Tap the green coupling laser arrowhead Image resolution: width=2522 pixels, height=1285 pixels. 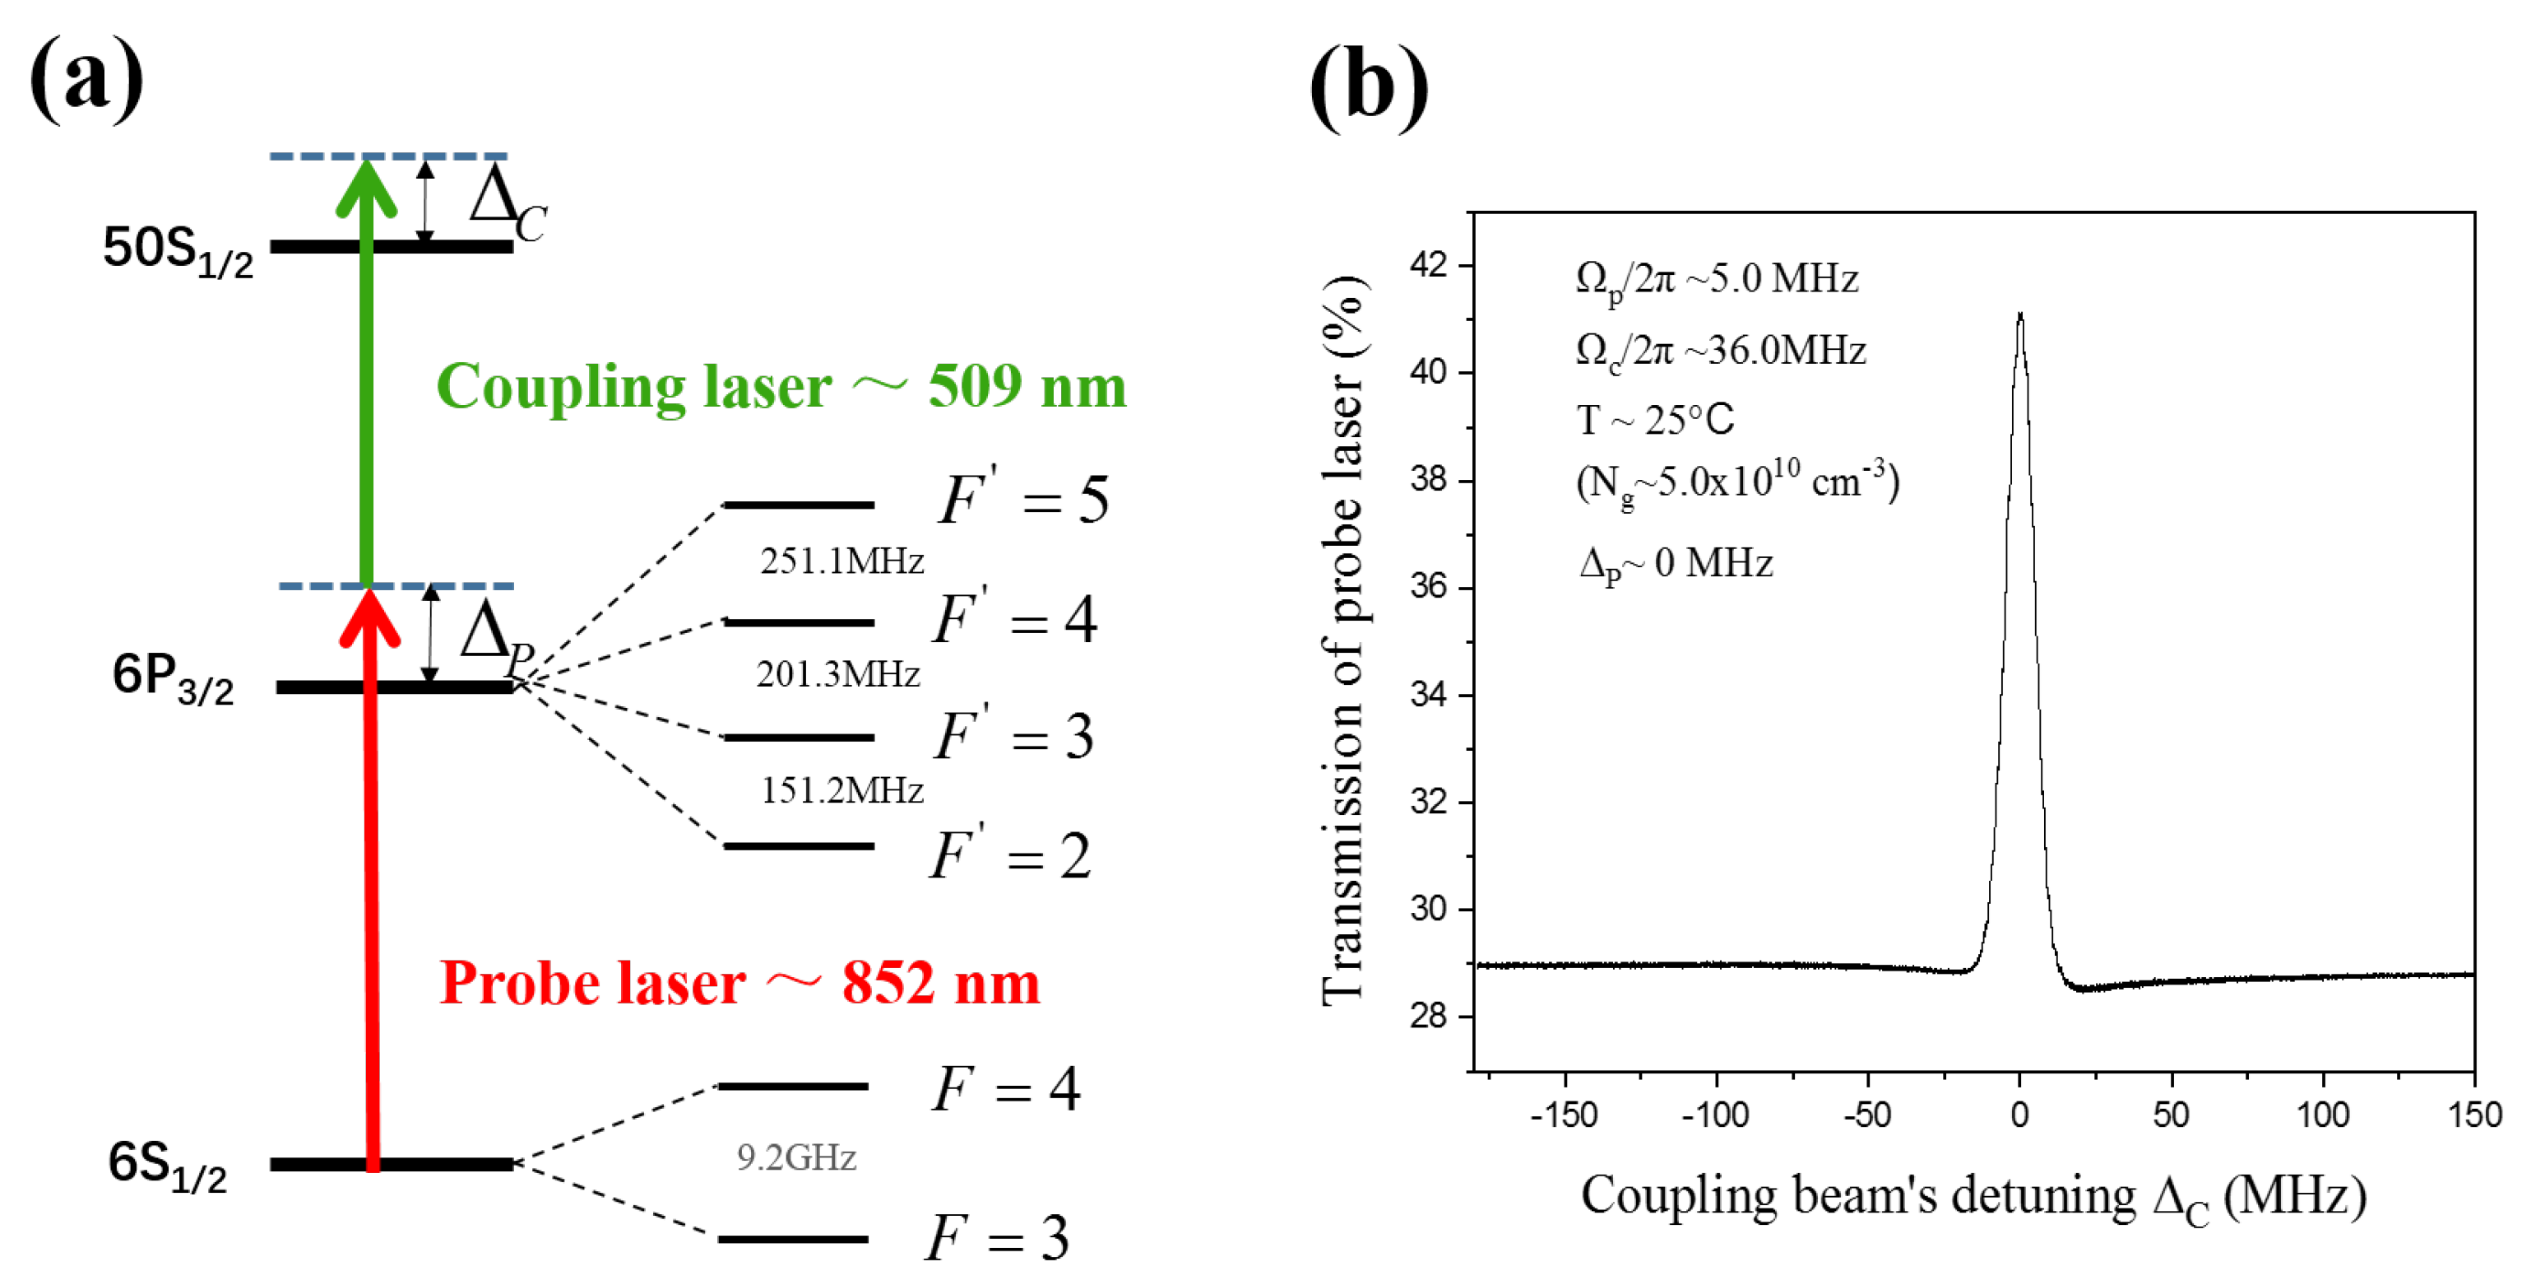366,186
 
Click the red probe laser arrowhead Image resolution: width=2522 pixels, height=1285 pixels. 370,617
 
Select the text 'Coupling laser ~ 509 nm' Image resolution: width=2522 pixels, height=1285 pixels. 781,386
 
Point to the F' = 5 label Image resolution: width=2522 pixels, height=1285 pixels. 1022,500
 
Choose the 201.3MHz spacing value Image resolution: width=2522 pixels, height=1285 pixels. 838,675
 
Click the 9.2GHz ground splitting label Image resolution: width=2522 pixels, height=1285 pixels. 796,1157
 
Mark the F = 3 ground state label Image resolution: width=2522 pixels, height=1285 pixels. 997,1238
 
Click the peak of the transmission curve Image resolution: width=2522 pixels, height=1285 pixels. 2019,315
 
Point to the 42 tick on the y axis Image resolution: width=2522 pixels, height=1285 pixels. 1429,264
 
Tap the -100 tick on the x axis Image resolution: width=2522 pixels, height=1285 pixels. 1715,1115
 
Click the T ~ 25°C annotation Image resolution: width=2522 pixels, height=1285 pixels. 1654,420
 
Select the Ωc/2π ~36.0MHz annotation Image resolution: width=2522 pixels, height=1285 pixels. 1720,351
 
